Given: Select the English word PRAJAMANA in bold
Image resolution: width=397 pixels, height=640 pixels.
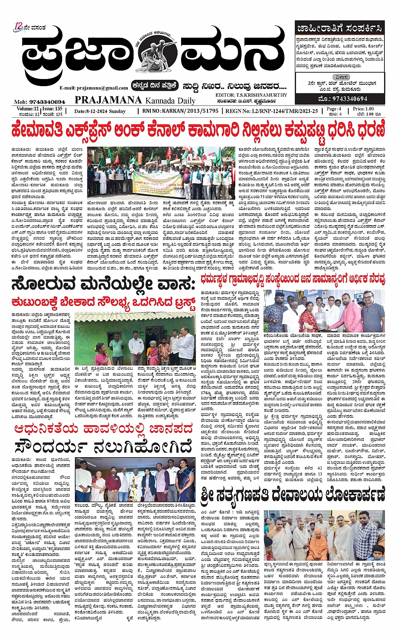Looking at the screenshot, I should [108, 100].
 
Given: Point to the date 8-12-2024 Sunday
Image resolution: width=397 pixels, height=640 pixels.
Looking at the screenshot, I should [100, 111].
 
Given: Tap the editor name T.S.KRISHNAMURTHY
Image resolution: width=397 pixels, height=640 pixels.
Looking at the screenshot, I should [260, 95].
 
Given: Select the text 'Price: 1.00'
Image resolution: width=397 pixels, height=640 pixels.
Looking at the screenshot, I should [364, 109].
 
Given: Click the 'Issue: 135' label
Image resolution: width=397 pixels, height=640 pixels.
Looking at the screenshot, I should [53, 109].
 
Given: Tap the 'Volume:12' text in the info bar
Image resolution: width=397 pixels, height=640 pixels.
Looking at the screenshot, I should [25, 109].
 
